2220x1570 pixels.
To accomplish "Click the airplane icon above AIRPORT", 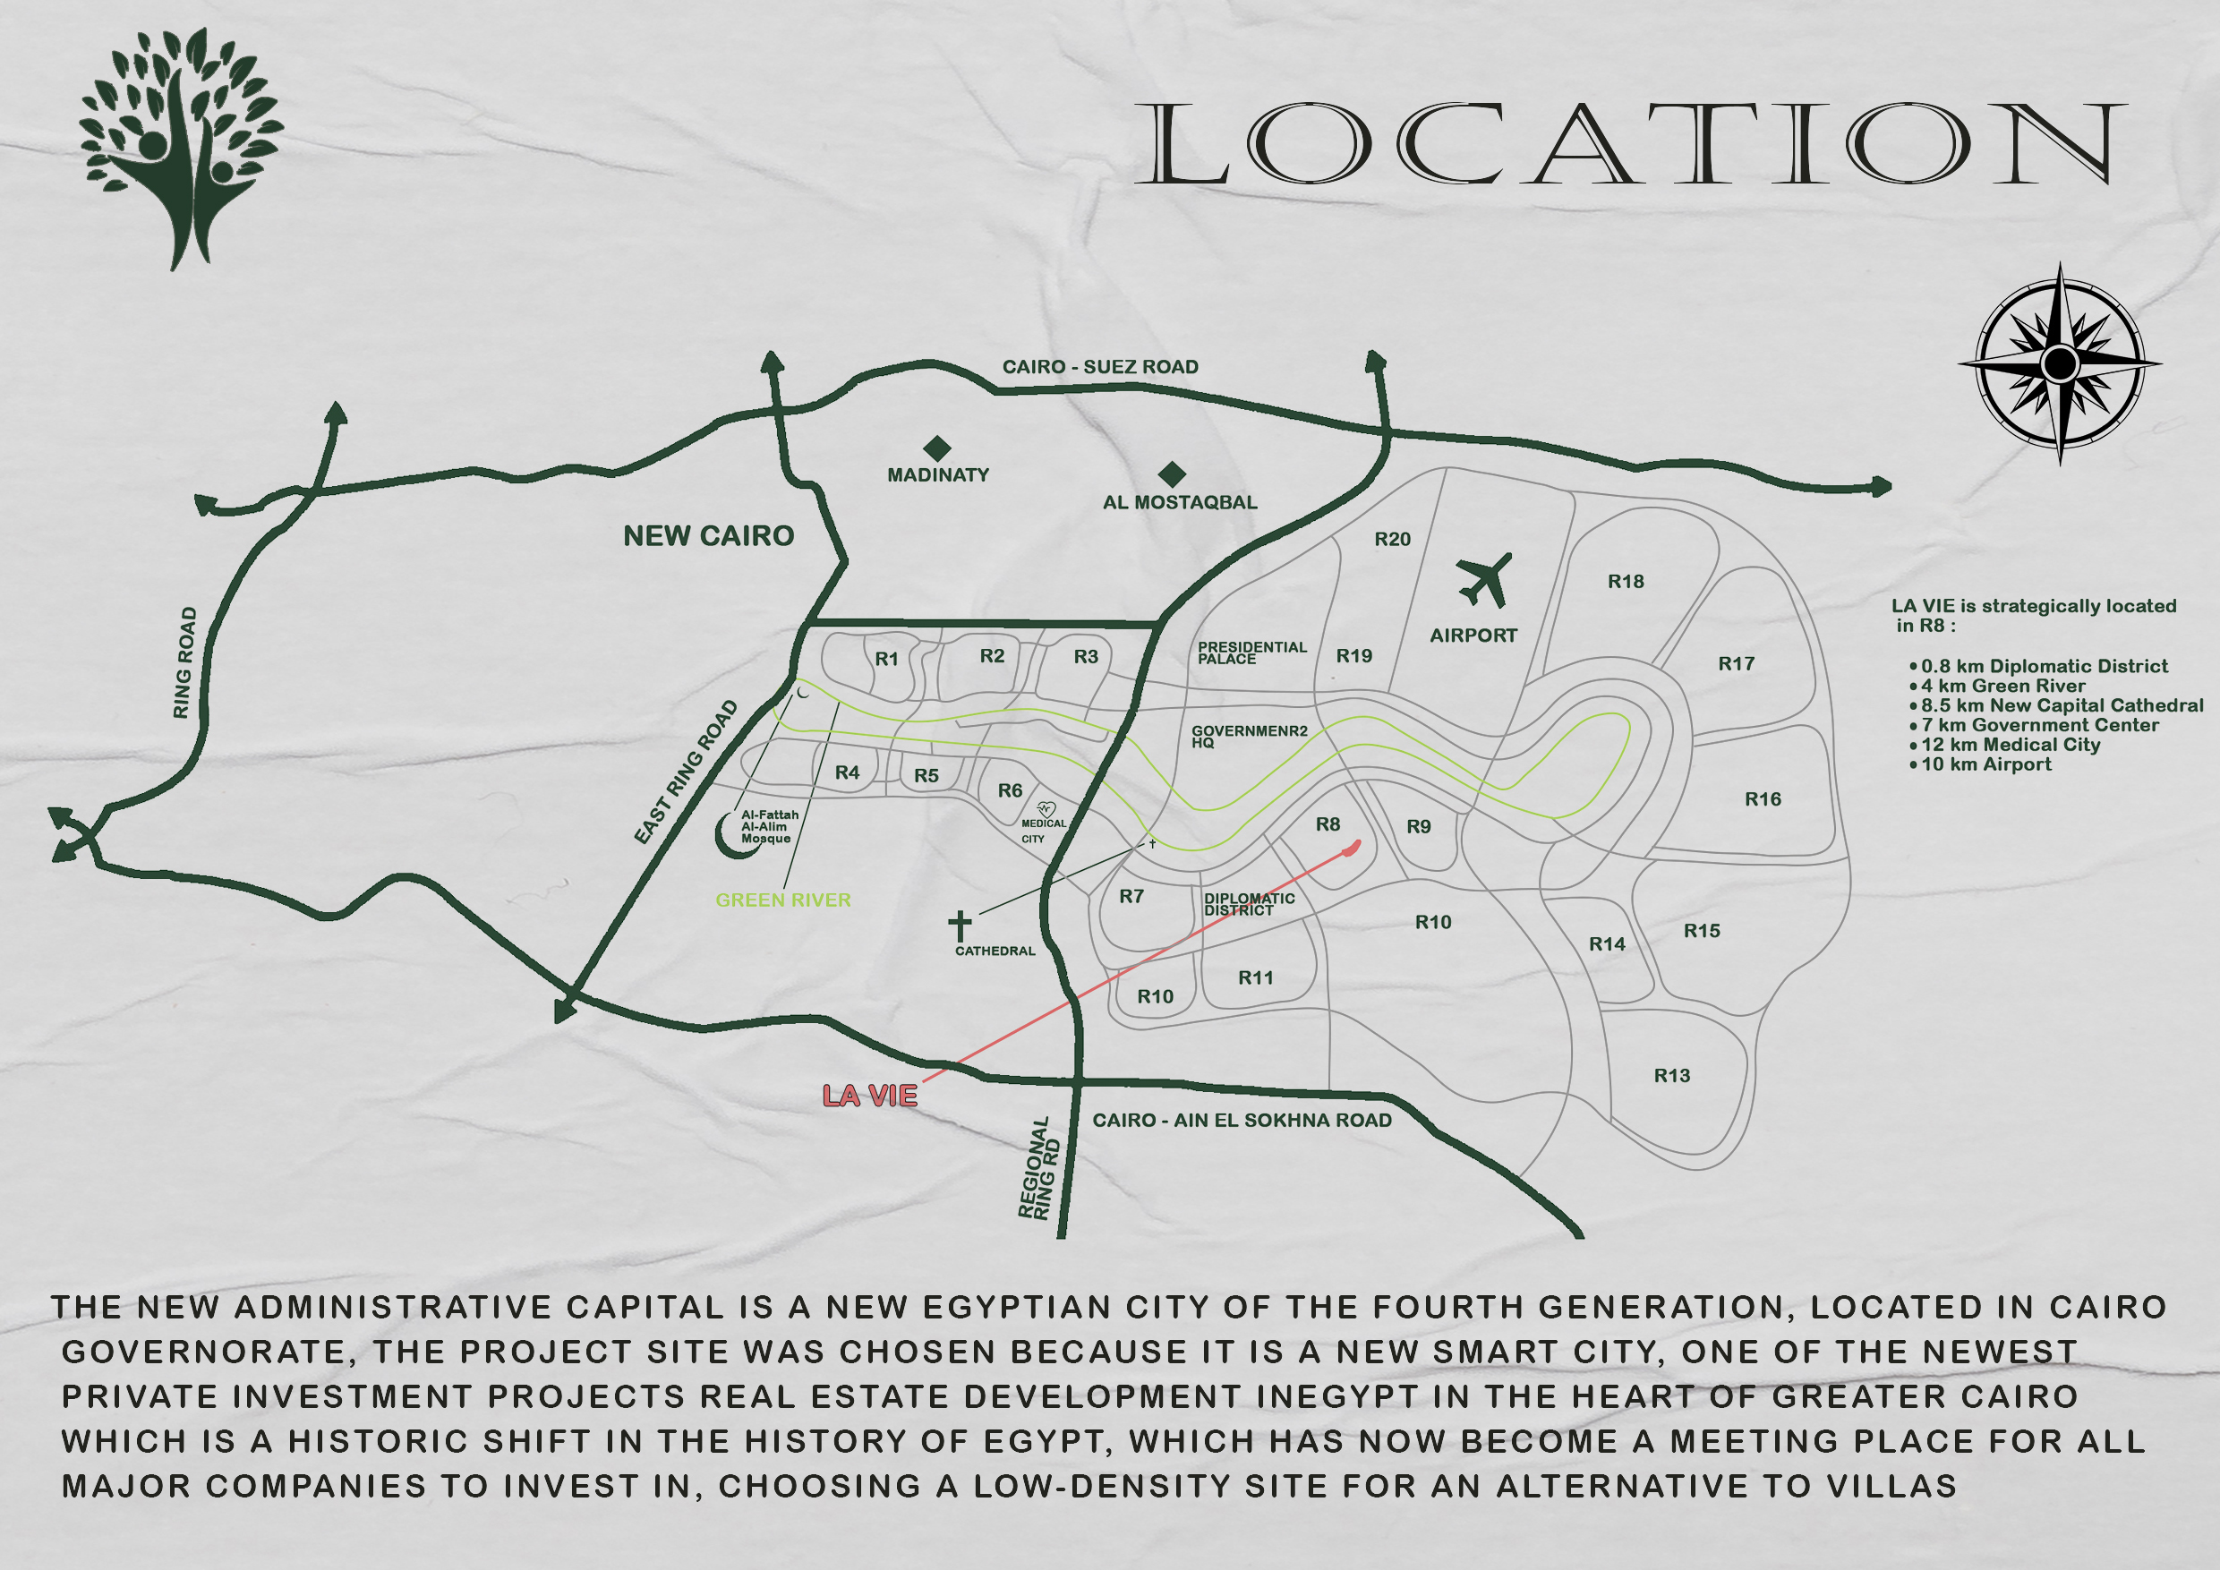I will [1483, 580].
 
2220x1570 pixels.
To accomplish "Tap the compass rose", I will [2060, 363].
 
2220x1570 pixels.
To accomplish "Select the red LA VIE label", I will [869, 1096].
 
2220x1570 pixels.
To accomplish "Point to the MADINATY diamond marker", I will [937, 448].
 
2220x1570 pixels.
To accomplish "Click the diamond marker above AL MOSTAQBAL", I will [1172, 474].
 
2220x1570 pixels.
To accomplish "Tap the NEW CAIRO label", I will [708, 535].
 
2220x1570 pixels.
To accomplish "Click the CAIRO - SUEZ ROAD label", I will [1099, 366].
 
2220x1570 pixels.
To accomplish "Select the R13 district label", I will [1672, 1075].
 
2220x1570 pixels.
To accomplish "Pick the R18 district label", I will [1626, 581].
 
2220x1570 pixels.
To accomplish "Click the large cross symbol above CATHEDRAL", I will [959, 926].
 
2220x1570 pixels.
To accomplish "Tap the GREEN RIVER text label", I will [782, 900].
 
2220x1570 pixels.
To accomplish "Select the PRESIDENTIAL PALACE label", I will [1251, 653].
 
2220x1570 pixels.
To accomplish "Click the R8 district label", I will [1328, 823].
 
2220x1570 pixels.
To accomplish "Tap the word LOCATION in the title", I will [1630, 144].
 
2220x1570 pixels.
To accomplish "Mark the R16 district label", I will [1763, 798].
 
